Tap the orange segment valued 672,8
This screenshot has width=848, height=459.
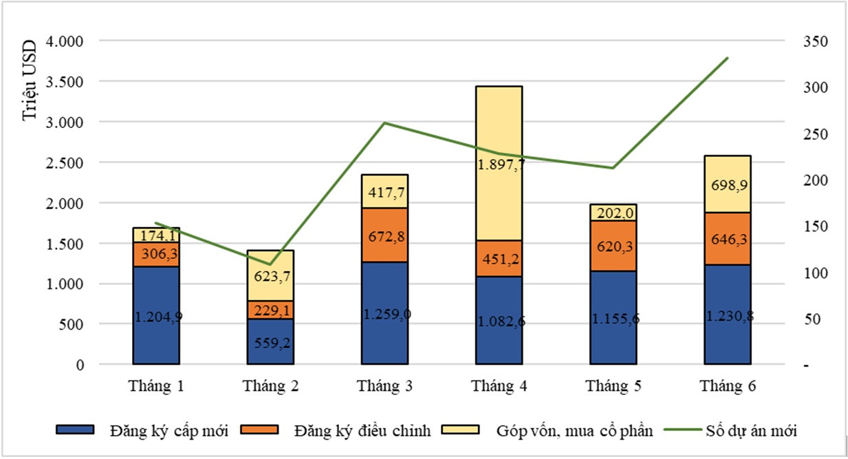point(385,235)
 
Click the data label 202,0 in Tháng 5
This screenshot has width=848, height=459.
point(613,213)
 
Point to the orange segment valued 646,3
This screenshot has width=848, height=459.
point(728,238)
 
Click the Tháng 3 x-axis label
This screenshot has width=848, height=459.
point(385,386)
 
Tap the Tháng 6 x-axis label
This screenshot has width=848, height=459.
point(728,386)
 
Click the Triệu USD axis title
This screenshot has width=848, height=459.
point(29,81)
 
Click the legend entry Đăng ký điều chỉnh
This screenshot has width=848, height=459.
point(361,431)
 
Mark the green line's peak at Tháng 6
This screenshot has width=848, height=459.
point(728,58)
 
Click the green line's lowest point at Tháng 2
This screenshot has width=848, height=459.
point(270,264)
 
